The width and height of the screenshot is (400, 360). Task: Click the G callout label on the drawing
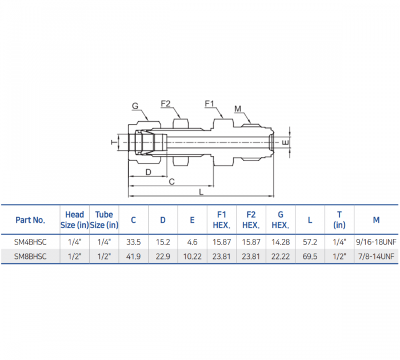click(135, 106)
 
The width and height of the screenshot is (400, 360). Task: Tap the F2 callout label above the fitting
click(166, 103)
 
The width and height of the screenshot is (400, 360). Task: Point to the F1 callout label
click(209, 103)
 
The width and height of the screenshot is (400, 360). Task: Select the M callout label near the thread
click(238, 109)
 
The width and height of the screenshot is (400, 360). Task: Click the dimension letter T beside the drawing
click(112, 141)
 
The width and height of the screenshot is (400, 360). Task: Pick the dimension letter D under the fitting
click(148, 171)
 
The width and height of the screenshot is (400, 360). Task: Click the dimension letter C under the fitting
click(171, 182)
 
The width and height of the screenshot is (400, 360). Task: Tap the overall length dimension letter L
click(201, 192)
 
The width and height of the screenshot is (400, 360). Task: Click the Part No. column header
click(30, 220)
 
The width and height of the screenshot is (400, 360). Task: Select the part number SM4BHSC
click(30, 242)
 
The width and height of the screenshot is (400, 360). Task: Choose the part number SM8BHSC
click(30, 257)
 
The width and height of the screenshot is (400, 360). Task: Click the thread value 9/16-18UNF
click(376, 242)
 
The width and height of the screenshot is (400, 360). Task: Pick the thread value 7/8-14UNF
click(376, 257)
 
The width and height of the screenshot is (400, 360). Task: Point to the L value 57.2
click(310, 242)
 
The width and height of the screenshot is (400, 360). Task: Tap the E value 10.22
click(192, 257)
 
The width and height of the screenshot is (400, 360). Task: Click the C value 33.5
click(133, 242)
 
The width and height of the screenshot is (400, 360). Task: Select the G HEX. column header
click(280, 220)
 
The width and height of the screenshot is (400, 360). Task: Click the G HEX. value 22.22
click(280, 257)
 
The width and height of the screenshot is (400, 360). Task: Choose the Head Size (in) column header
click(75, 220)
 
